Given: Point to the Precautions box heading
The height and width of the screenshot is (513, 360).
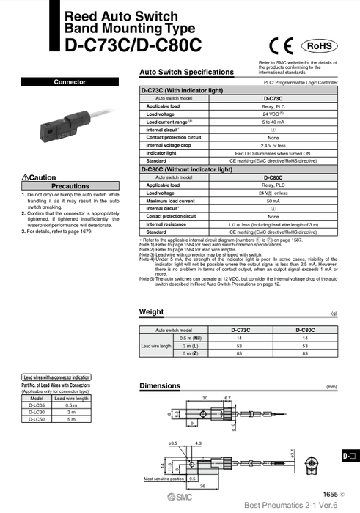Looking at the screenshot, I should point(70,186).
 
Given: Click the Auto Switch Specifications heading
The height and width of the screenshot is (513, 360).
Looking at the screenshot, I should point(186,73).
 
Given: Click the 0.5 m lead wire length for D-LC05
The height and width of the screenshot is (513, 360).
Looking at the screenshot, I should point(71,405).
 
